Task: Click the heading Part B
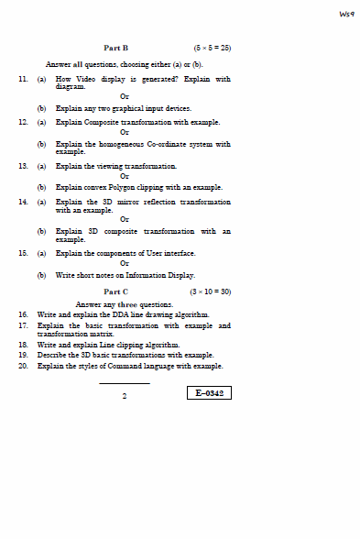(x=116, y=46)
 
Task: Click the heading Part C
(x=116, y=291)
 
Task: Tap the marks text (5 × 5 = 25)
(x=212, y=46)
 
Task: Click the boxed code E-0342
(x=209, y=393)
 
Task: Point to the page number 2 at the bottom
(x=125, y=397)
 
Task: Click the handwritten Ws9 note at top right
(x=346, y=14)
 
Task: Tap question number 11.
(x=23, y=80)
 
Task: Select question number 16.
(x=23, y=314)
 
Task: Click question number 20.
(x=23, y=366)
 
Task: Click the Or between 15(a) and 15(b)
(x=125, y=264)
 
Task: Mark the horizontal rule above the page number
(x=124, y=383)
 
